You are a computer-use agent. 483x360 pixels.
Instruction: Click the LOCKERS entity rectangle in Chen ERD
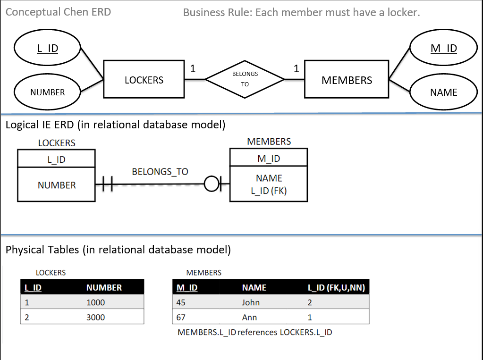point(144,80)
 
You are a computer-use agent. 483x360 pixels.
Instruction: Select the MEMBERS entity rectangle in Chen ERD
point(346,80)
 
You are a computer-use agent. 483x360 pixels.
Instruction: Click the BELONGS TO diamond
point(245,79)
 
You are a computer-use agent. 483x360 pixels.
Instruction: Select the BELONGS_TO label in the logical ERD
point(160,172)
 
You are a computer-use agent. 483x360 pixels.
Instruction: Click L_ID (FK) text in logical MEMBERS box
point(269,191)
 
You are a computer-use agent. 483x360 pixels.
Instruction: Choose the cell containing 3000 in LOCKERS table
point(96,317)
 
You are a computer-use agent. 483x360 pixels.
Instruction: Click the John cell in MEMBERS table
point(251,302)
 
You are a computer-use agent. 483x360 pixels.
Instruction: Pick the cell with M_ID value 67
point(181,317)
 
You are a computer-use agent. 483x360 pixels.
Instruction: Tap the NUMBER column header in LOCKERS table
point(104,287)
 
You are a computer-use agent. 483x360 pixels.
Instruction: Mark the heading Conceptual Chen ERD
point(58,12)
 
